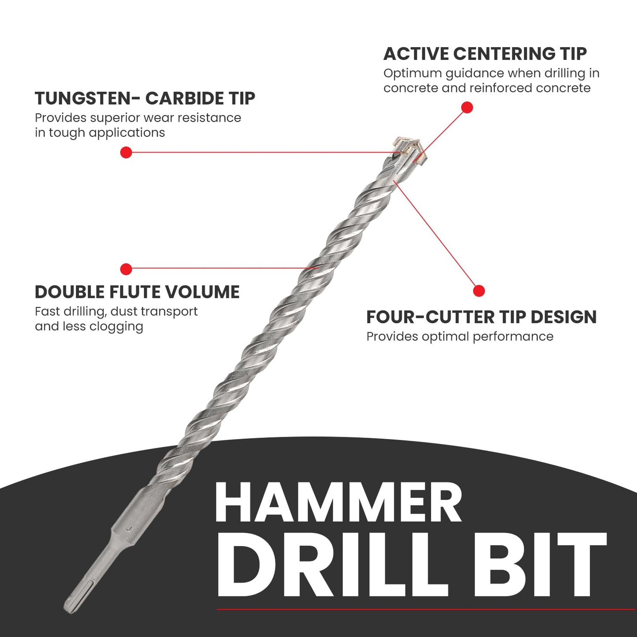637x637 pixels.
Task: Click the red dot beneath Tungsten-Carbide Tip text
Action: pos(126,153)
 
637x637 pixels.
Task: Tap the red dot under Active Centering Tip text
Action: pos(467,108)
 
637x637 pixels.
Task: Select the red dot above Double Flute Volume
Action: pos(126,269)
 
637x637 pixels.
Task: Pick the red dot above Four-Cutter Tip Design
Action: pos(479,291)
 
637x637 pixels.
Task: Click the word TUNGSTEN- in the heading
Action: pos(87,98)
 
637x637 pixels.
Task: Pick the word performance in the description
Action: pos(513,336)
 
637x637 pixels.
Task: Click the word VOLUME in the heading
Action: pos(202,292)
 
